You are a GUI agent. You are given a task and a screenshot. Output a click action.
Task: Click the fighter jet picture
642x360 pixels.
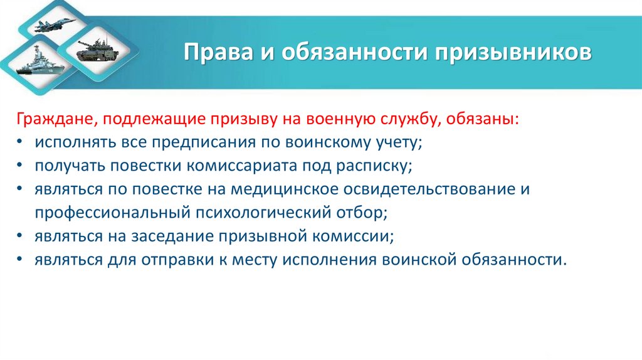pos(56,25)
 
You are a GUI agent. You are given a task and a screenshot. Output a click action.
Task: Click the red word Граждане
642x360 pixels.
pos(55,119)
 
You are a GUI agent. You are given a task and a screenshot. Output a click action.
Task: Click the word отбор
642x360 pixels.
pos(364,213)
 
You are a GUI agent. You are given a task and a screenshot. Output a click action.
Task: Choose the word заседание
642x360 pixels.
pos(169,236)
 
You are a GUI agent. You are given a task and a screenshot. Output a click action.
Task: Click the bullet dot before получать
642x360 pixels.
pos(21,166)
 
